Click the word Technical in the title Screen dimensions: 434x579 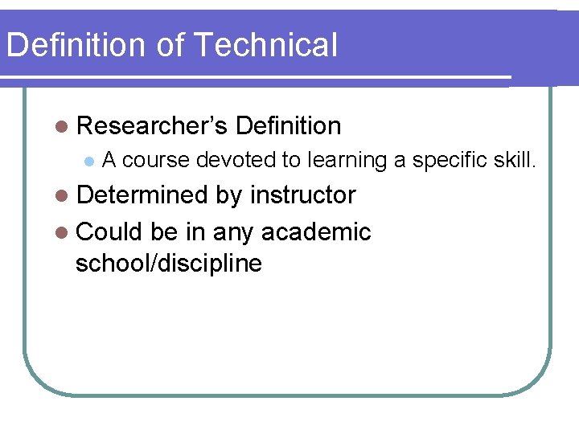pos(267,45)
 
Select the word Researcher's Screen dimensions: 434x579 pos(152,126)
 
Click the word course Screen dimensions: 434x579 pos(156,161)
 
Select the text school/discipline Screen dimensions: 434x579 pos(168,264)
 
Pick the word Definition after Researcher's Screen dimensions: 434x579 pos(289,126)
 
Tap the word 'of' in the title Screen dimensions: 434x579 pos(170,45)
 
